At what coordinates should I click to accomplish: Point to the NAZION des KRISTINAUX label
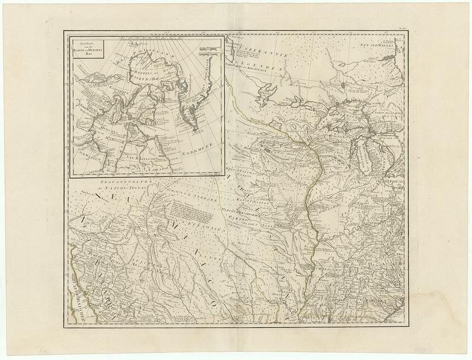[260, 69]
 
